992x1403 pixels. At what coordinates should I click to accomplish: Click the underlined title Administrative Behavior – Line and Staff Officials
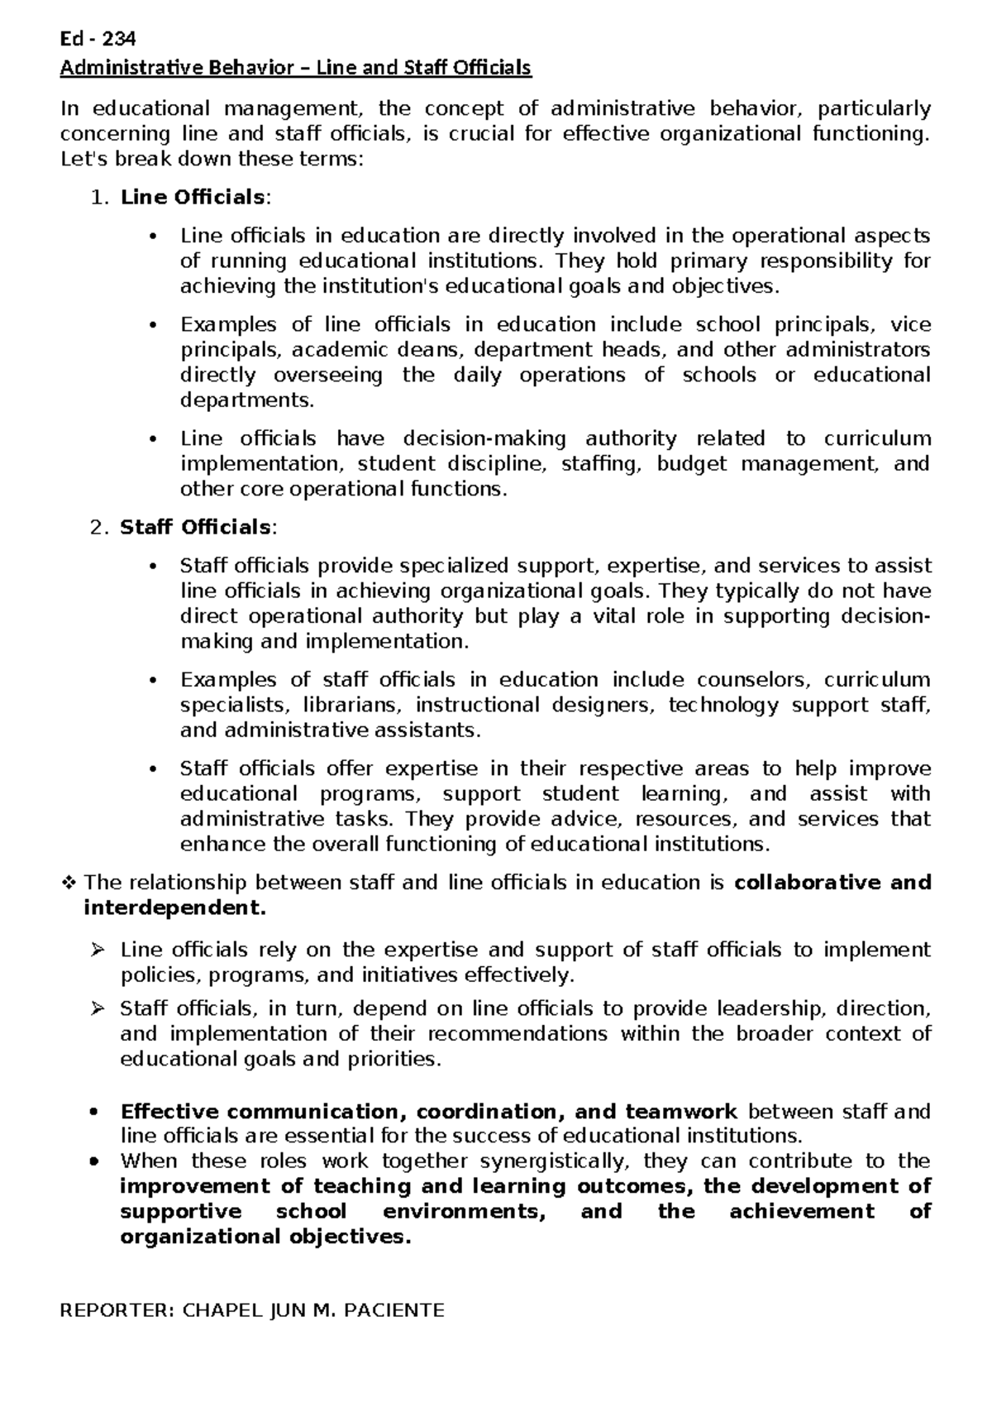(295, 68)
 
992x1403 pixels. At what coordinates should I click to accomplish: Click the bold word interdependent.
(174, 907)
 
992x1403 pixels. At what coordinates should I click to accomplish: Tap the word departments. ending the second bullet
(247, 400)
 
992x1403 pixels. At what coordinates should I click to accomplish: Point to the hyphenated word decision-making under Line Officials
(484, 438)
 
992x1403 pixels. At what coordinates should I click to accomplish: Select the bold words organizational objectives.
(265, 1237)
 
